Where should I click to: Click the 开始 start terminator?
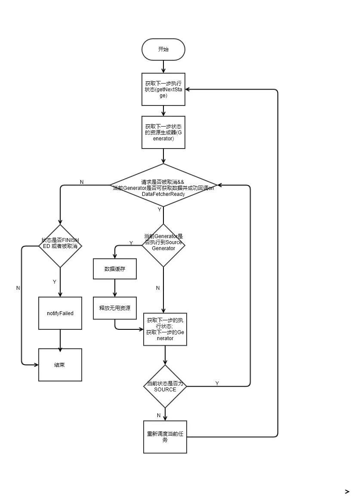[x=163, y=50]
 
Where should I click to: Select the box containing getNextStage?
[x=163, y=89]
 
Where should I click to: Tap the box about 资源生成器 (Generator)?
[x=163, y=132]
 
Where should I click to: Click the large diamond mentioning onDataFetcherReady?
[x=163, y=185]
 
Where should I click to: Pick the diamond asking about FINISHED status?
[x=60, y=246]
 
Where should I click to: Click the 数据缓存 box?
[x=114, y=269]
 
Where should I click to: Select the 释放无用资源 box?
[x=114, y=308]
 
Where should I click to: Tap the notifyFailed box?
[x=60, y=313]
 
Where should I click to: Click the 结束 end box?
[x=60, y=365]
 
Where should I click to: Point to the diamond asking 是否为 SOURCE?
[x=165, y=386]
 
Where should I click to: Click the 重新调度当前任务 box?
[x=165, y=437]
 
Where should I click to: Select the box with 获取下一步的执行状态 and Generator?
[x=165, y=329]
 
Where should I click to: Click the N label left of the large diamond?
[x=82, y=182]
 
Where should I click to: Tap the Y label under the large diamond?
[x=160, y=210]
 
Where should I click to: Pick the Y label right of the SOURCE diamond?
[x=217, y=383]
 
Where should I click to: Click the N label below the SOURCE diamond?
[x=159, y=415]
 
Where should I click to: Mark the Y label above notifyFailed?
[x=55, y=282]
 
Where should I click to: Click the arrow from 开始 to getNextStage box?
[x=163, y=66]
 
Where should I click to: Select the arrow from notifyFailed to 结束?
[x=60, y=339]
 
